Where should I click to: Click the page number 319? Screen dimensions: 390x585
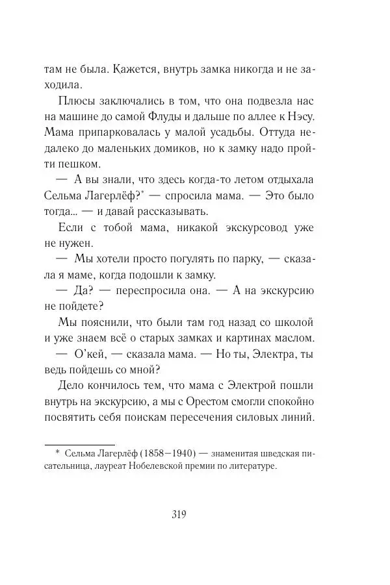[x=179, y=516]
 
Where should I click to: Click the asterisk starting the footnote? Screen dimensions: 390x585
[x=56, y=450]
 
